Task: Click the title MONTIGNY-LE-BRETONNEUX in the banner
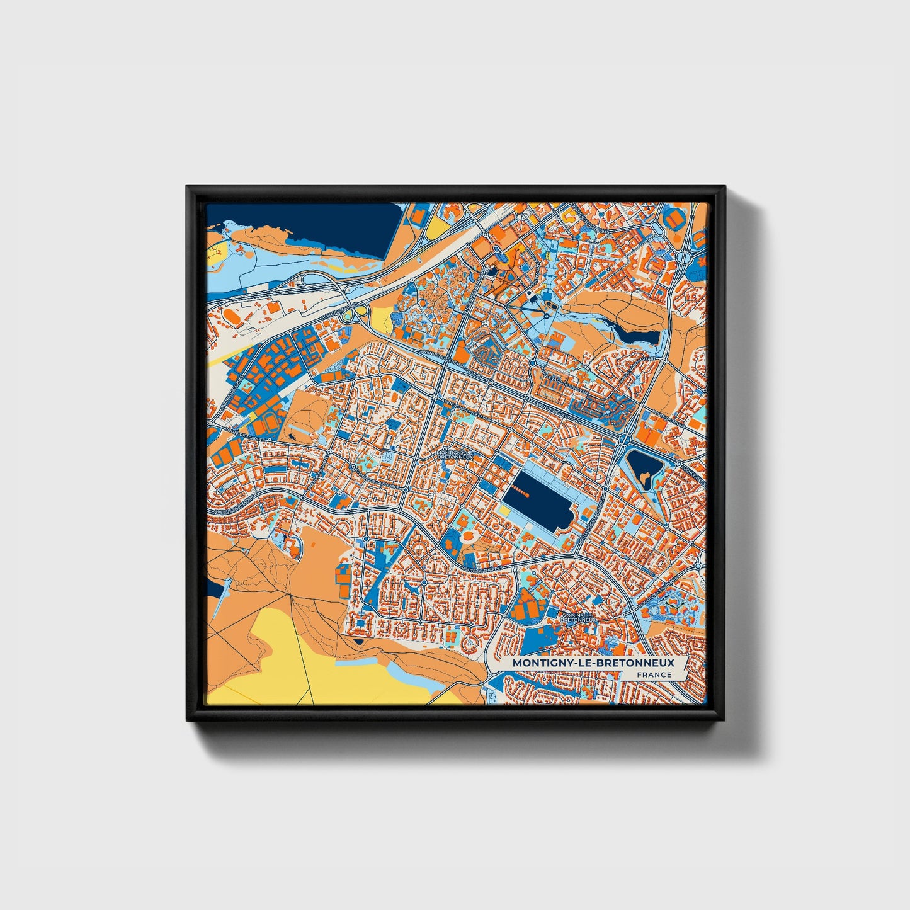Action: point(593,663)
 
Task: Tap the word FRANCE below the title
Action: point(654,675)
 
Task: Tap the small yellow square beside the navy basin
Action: point(504,511)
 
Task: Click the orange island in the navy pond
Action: point(644,481)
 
